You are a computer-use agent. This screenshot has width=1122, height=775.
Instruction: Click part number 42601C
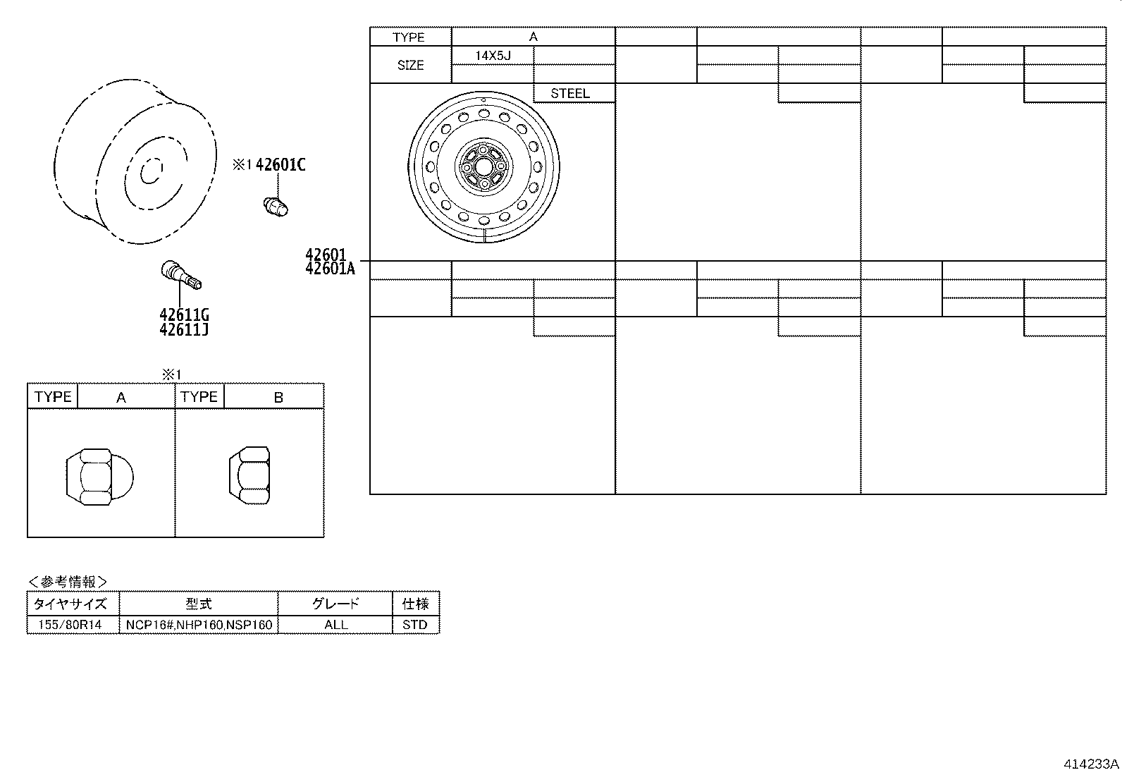tap(280, 165)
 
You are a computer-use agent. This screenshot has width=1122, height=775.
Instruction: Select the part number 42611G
tap(184, 315)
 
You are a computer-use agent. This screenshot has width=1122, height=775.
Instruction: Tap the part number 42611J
tap(184, 330)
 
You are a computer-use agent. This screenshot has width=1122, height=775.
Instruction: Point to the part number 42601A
tap(331, 269)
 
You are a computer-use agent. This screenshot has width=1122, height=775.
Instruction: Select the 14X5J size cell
tap(493, 55)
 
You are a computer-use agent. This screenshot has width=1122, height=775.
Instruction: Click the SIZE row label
tap(410, 65)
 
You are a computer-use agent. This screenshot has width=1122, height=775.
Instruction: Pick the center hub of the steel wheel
tap(484, 166)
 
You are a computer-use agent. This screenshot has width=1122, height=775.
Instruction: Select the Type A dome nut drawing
tap(99, 476)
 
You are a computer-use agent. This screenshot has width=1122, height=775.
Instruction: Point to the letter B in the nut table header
tap(278, 398)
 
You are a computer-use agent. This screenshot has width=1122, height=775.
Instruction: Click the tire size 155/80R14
tap(70, 625)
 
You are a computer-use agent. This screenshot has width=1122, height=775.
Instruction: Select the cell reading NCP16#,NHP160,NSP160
tap(199, 625)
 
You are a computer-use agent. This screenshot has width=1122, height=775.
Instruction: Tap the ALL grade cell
tap(335, 625)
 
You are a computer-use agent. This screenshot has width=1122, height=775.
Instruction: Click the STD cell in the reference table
tap(415, 625)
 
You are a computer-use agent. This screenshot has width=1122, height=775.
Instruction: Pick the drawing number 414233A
tap(1091, 764)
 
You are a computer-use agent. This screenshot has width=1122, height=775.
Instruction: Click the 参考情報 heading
tap(68, 582)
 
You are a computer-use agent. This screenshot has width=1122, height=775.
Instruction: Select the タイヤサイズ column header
tap(71, 604)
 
